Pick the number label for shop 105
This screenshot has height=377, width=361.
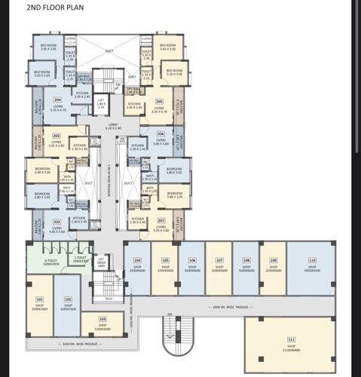coord(165,260)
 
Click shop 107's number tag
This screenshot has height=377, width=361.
coord(219,260)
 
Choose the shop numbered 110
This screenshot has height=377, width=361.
coord(312,260)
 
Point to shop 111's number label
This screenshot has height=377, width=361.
coord(292,340)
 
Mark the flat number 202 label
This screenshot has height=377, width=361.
coord(57,222)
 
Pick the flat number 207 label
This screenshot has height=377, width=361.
coord(161,221)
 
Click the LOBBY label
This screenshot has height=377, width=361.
coord(114,126)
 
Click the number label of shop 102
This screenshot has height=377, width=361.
coord(67,300)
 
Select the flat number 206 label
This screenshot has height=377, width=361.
coord(161,134)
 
